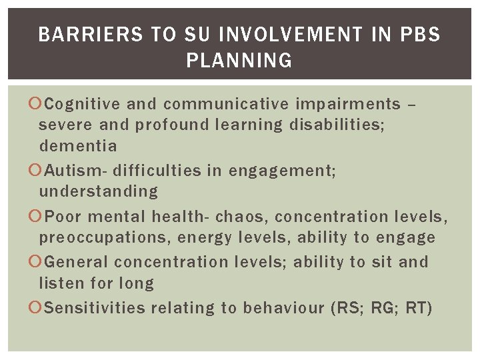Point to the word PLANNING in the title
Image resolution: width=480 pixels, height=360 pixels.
(239, 61)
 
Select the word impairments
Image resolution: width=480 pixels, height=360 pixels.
(347, 104)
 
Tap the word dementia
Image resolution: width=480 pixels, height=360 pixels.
(78, 145)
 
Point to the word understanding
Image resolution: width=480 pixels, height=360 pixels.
(99, 191)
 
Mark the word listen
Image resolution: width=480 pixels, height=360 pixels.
(60, 283)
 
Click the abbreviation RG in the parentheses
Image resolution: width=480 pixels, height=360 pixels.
(381, 308)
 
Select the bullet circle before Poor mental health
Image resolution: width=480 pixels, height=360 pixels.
(35, 217)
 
